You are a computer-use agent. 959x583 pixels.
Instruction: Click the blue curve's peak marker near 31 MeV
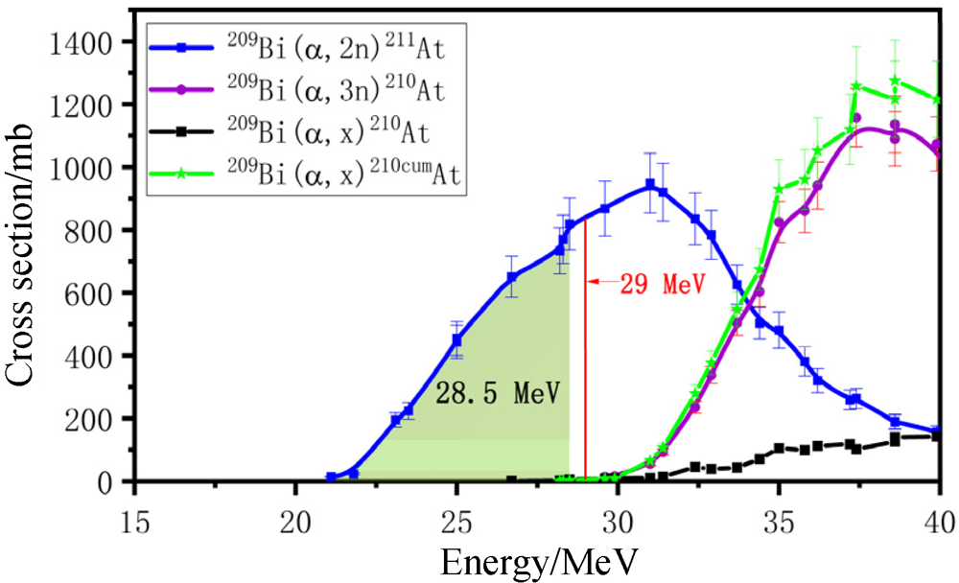point(650,184)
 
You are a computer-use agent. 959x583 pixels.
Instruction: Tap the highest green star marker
point(895,82)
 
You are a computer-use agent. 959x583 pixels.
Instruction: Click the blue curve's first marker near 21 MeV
point(332,477)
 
